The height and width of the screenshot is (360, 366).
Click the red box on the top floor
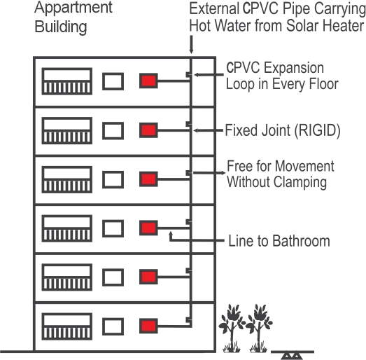pyautogui.click(x=148, y=81)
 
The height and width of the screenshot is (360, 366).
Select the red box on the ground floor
pyautogui.click(x=148, y=326)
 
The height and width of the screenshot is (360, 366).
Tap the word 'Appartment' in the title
pyautogui.click(x=73, y=8)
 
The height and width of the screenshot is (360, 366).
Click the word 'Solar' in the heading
pyautogui.click(x=303, y=25)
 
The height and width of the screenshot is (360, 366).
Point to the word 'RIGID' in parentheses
pyautogui.click(x=317, y=130)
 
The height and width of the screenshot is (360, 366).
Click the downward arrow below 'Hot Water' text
pyautogui.click(x=191, y=44)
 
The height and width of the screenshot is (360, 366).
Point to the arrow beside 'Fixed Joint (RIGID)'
pyautogui.click(x=209, y=130)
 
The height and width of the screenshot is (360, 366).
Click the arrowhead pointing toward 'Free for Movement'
pyautogui.click(x=223, y=173)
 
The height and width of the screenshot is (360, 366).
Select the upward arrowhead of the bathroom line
pyautogui.click(x=171, y=233)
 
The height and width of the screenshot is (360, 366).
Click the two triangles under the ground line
pyautogui.click(x=293, y=356)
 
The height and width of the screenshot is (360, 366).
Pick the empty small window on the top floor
pyautogui.click(x=113, y=81)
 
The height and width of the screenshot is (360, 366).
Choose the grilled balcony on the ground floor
pyautogui.click(x=67, y=326)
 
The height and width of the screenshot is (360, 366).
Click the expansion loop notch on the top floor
pyautogui.click(x=189, y=74)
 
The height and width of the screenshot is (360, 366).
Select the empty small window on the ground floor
pyautogui.click(x=113, y=326)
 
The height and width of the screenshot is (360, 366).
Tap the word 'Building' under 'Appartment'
pyautogui.click(x=61, y=27)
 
